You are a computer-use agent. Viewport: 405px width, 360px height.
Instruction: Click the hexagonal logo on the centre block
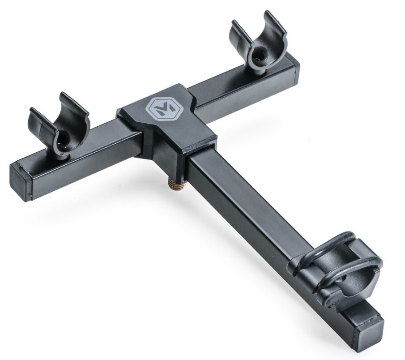pyautogui.click(x=160, y=108)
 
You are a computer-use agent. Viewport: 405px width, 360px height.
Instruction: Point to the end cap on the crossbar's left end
pyautogui.click(x=20, y=181)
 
